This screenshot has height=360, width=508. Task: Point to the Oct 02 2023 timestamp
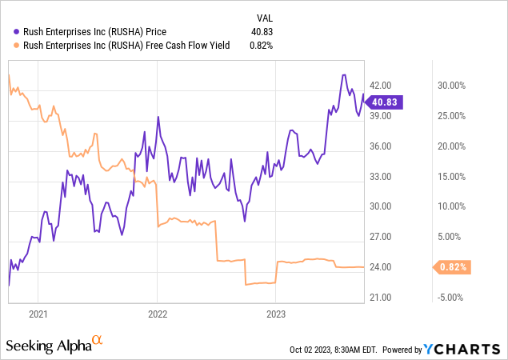pyautogui.click(x=334, y=350)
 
